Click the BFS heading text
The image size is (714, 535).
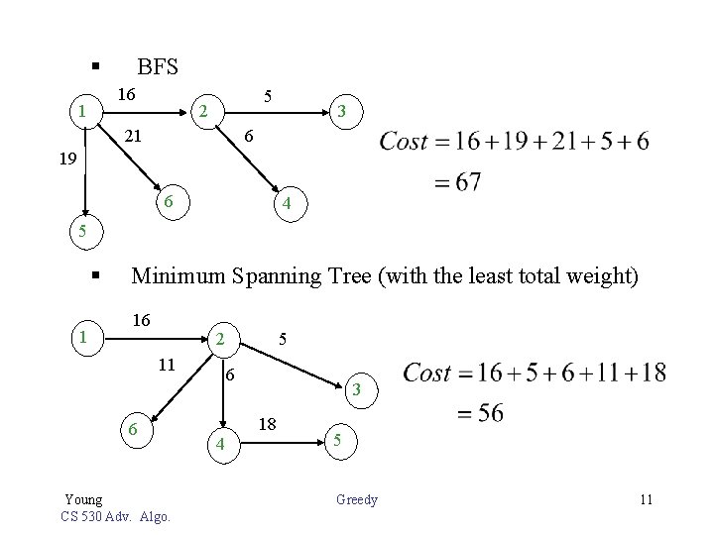pyautogui.click(x=158, y=67)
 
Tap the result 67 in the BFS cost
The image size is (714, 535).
pyautogui.click(x=464, y=183)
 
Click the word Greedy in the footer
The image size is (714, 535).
pyautogui.click(x=357, y=499)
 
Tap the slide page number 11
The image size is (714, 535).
pyautogui.click(x=646, y=499)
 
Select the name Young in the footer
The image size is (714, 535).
pyautogui.click(x=83, y=499)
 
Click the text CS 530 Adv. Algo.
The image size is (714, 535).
pyautogui.click(x=115, y=516)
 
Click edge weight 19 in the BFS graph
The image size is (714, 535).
pyautogui.click(x=64, y=158)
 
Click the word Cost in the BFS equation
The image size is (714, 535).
pyautogui.click(x=403, y=142)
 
